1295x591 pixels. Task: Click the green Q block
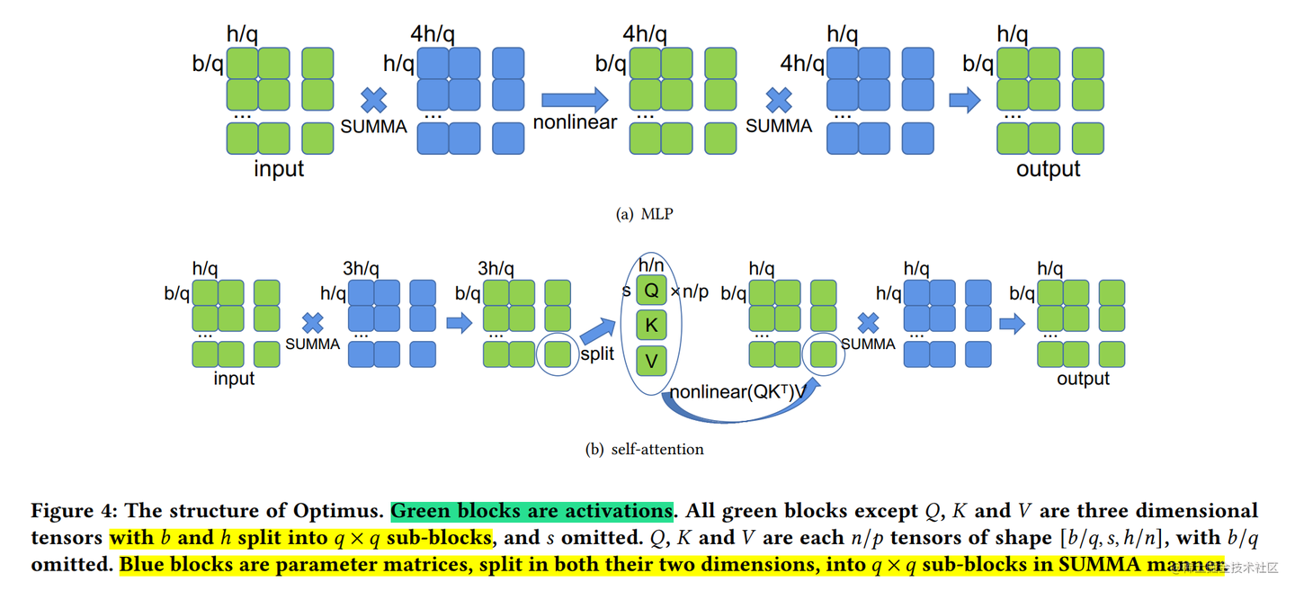(x=651, y=290)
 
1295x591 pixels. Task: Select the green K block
(x=651, y=326)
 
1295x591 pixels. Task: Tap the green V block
(x=651, y=362)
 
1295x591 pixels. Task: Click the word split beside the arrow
(x=597, y=354)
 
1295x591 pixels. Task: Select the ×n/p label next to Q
(x=690, y=291)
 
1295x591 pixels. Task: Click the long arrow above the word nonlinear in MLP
(x=574, y=99)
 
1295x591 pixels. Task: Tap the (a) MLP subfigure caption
(x=645, y=214)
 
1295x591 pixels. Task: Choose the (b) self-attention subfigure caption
(x=645, y=449)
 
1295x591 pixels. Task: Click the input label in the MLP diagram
(x=279, y=169)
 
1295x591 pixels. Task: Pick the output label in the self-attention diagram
(x=1083, y=379)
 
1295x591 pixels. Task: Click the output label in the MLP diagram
(x=1048, y=169)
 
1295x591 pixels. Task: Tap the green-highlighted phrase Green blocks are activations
(x=531, y=511)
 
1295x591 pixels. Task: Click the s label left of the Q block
(x=626, y=291)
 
